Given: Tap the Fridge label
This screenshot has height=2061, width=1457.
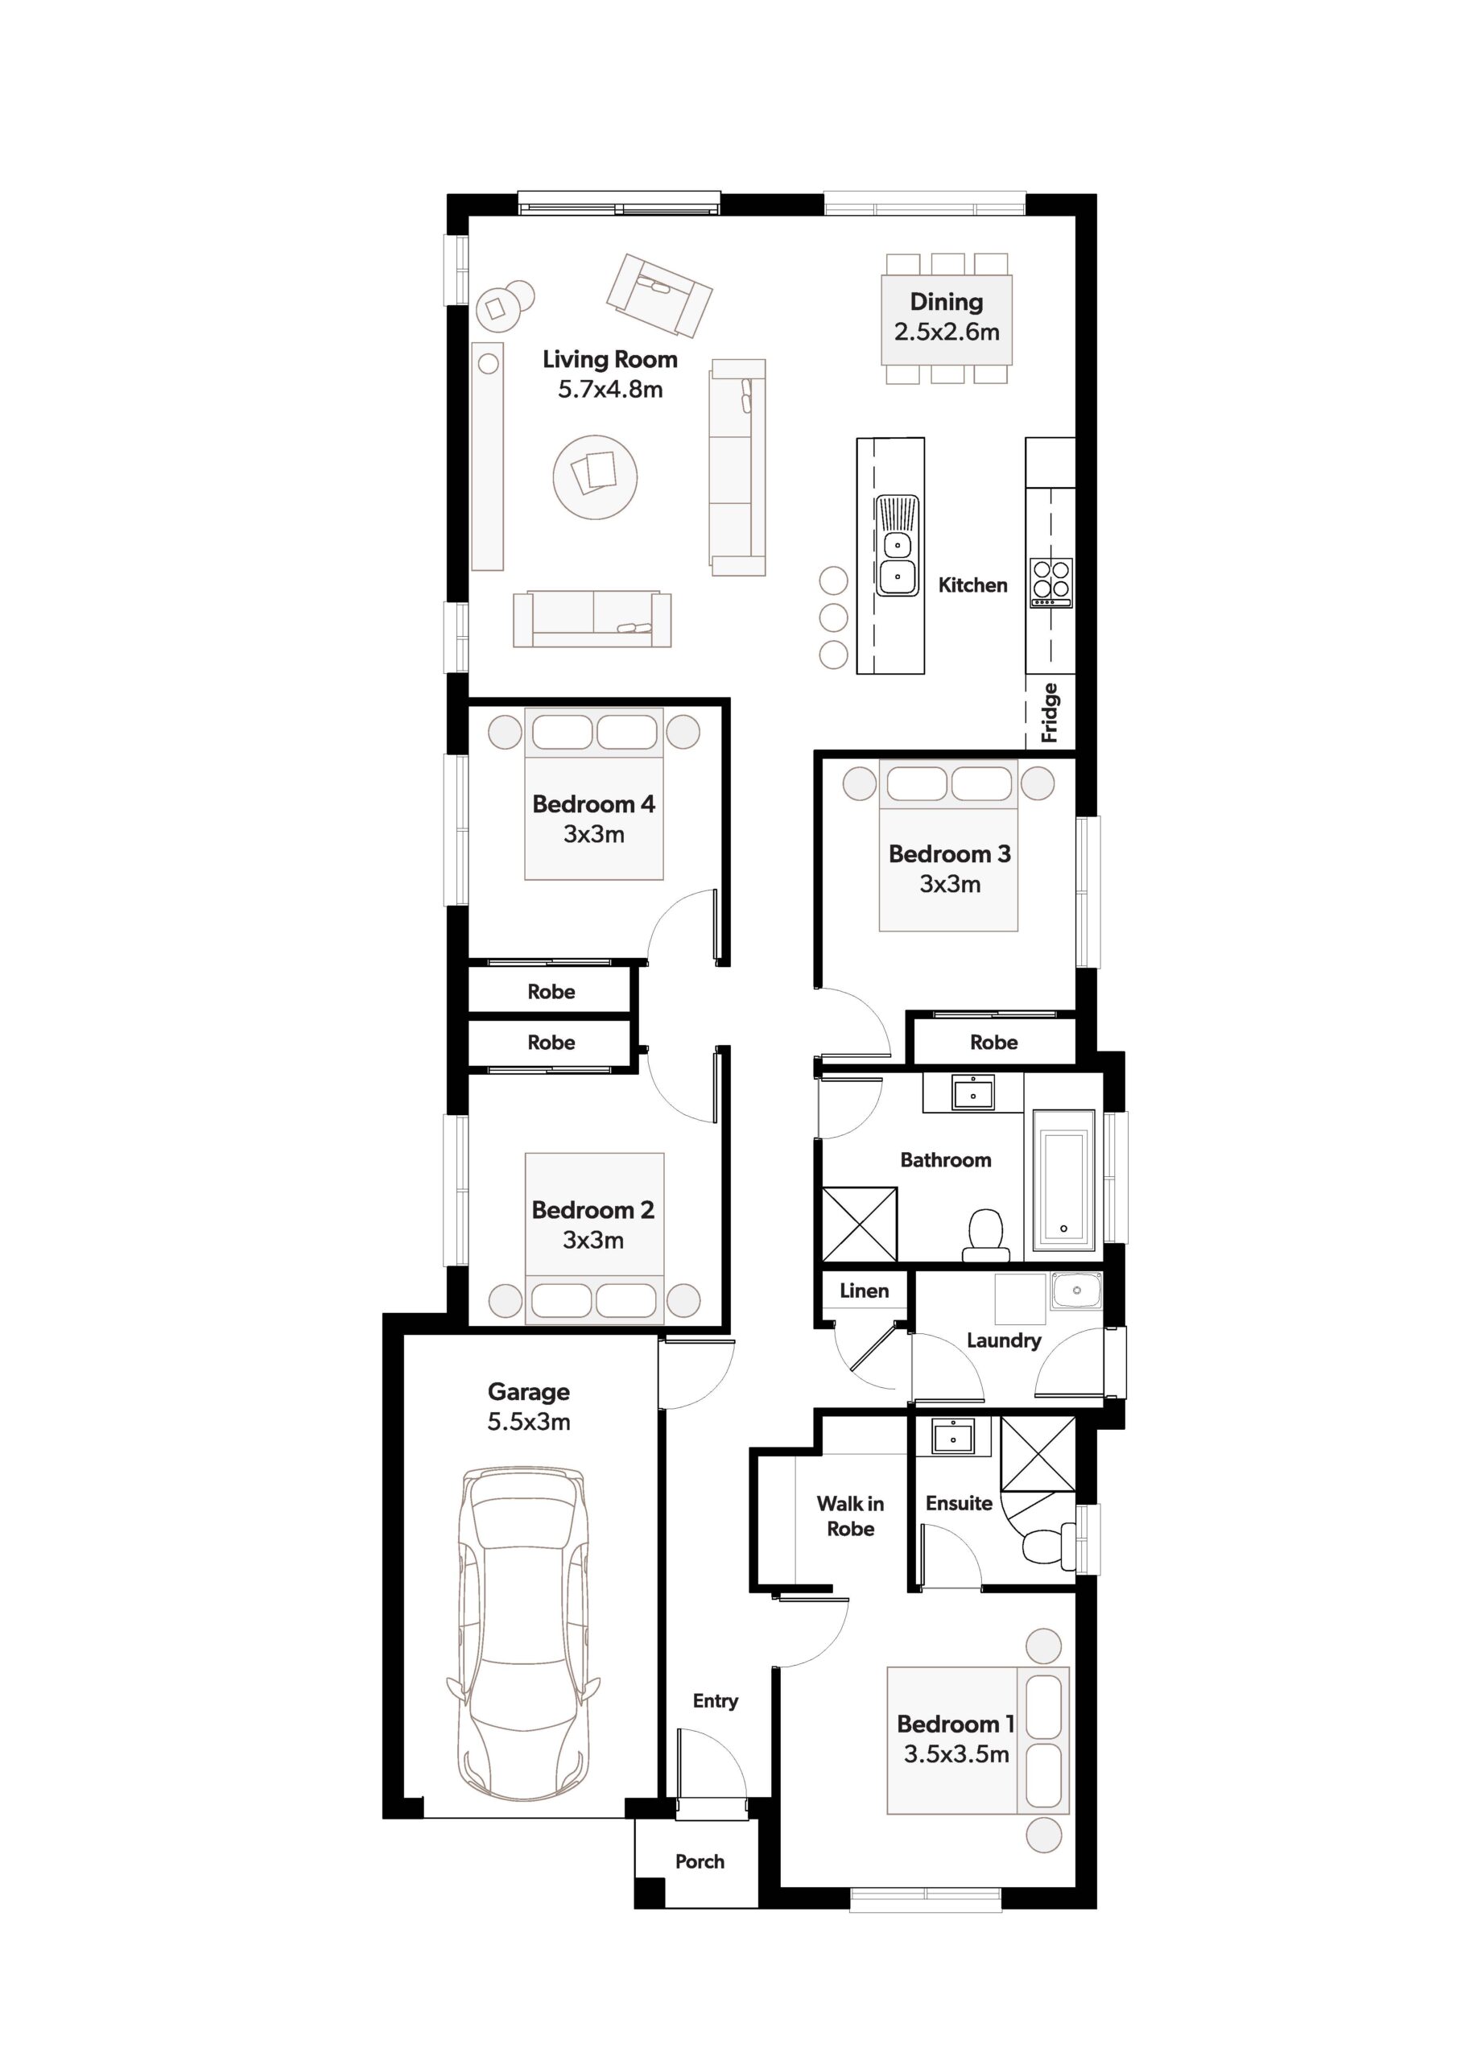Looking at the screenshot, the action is [x=1050, y=713].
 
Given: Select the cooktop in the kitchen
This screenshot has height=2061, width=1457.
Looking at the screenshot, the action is [x=1051, y=583].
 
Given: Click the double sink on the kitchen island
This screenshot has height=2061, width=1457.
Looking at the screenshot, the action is [x=898, y=545].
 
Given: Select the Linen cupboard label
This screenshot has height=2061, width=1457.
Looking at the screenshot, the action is [x=864, y=1291].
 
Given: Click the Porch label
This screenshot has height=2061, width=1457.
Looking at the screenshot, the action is [x=700, y=1861].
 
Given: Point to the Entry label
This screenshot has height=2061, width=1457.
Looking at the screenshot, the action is [x=716, y=1701].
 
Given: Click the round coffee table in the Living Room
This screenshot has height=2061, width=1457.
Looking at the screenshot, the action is [x=594, y=477].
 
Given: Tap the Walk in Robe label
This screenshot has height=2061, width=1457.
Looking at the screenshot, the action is [x=850, y=1516].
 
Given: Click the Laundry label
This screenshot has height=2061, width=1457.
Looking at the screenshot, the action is [x=1004, y=1340].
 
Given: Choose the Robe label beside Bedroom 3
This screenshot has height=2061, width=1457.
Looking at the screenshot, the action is [x=994, y=1042].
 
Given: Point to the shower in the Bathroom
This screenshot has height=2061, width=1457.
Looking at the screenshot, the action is [x=860, y=1224].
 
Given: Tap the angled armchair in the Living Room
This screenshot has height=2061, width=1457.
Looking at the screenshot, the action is [x=659, y=295].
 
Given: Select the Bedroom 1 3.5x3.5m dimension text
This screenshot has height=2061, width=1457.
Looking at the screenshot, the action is [x=956, y=1754].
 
